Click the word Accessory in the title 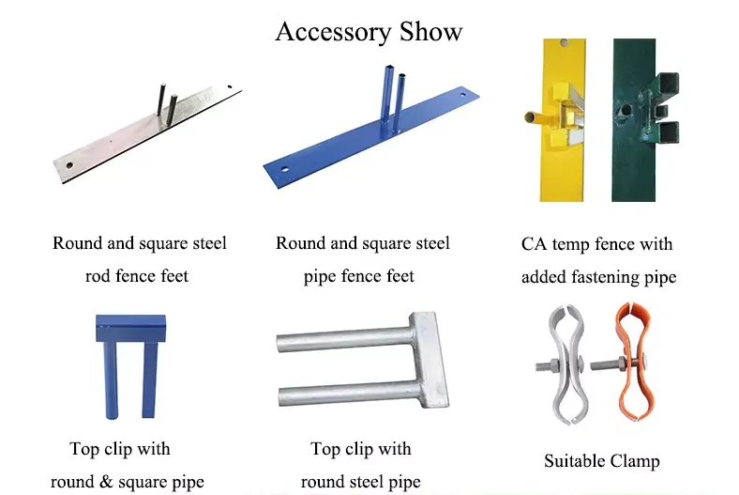[x=333, y=33]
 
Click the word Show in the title [x=430, y=32]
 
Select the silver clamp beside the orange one [x=565, y=364]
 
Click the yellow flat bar [x=563, y=165]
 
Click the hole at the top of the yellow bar [x=564, y=43]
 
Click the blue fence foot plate [x=371, y=137]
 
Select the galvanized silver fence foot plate [x=146, y=135]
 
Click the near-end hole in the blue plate [x=284, y=169]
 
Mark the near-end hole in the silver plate [x=69, y=165]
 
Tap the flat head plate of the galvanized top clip [x=430, y=359]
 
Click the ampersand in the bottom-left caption [x=106, y=482]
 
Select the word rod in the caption [x=98, y=276]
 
